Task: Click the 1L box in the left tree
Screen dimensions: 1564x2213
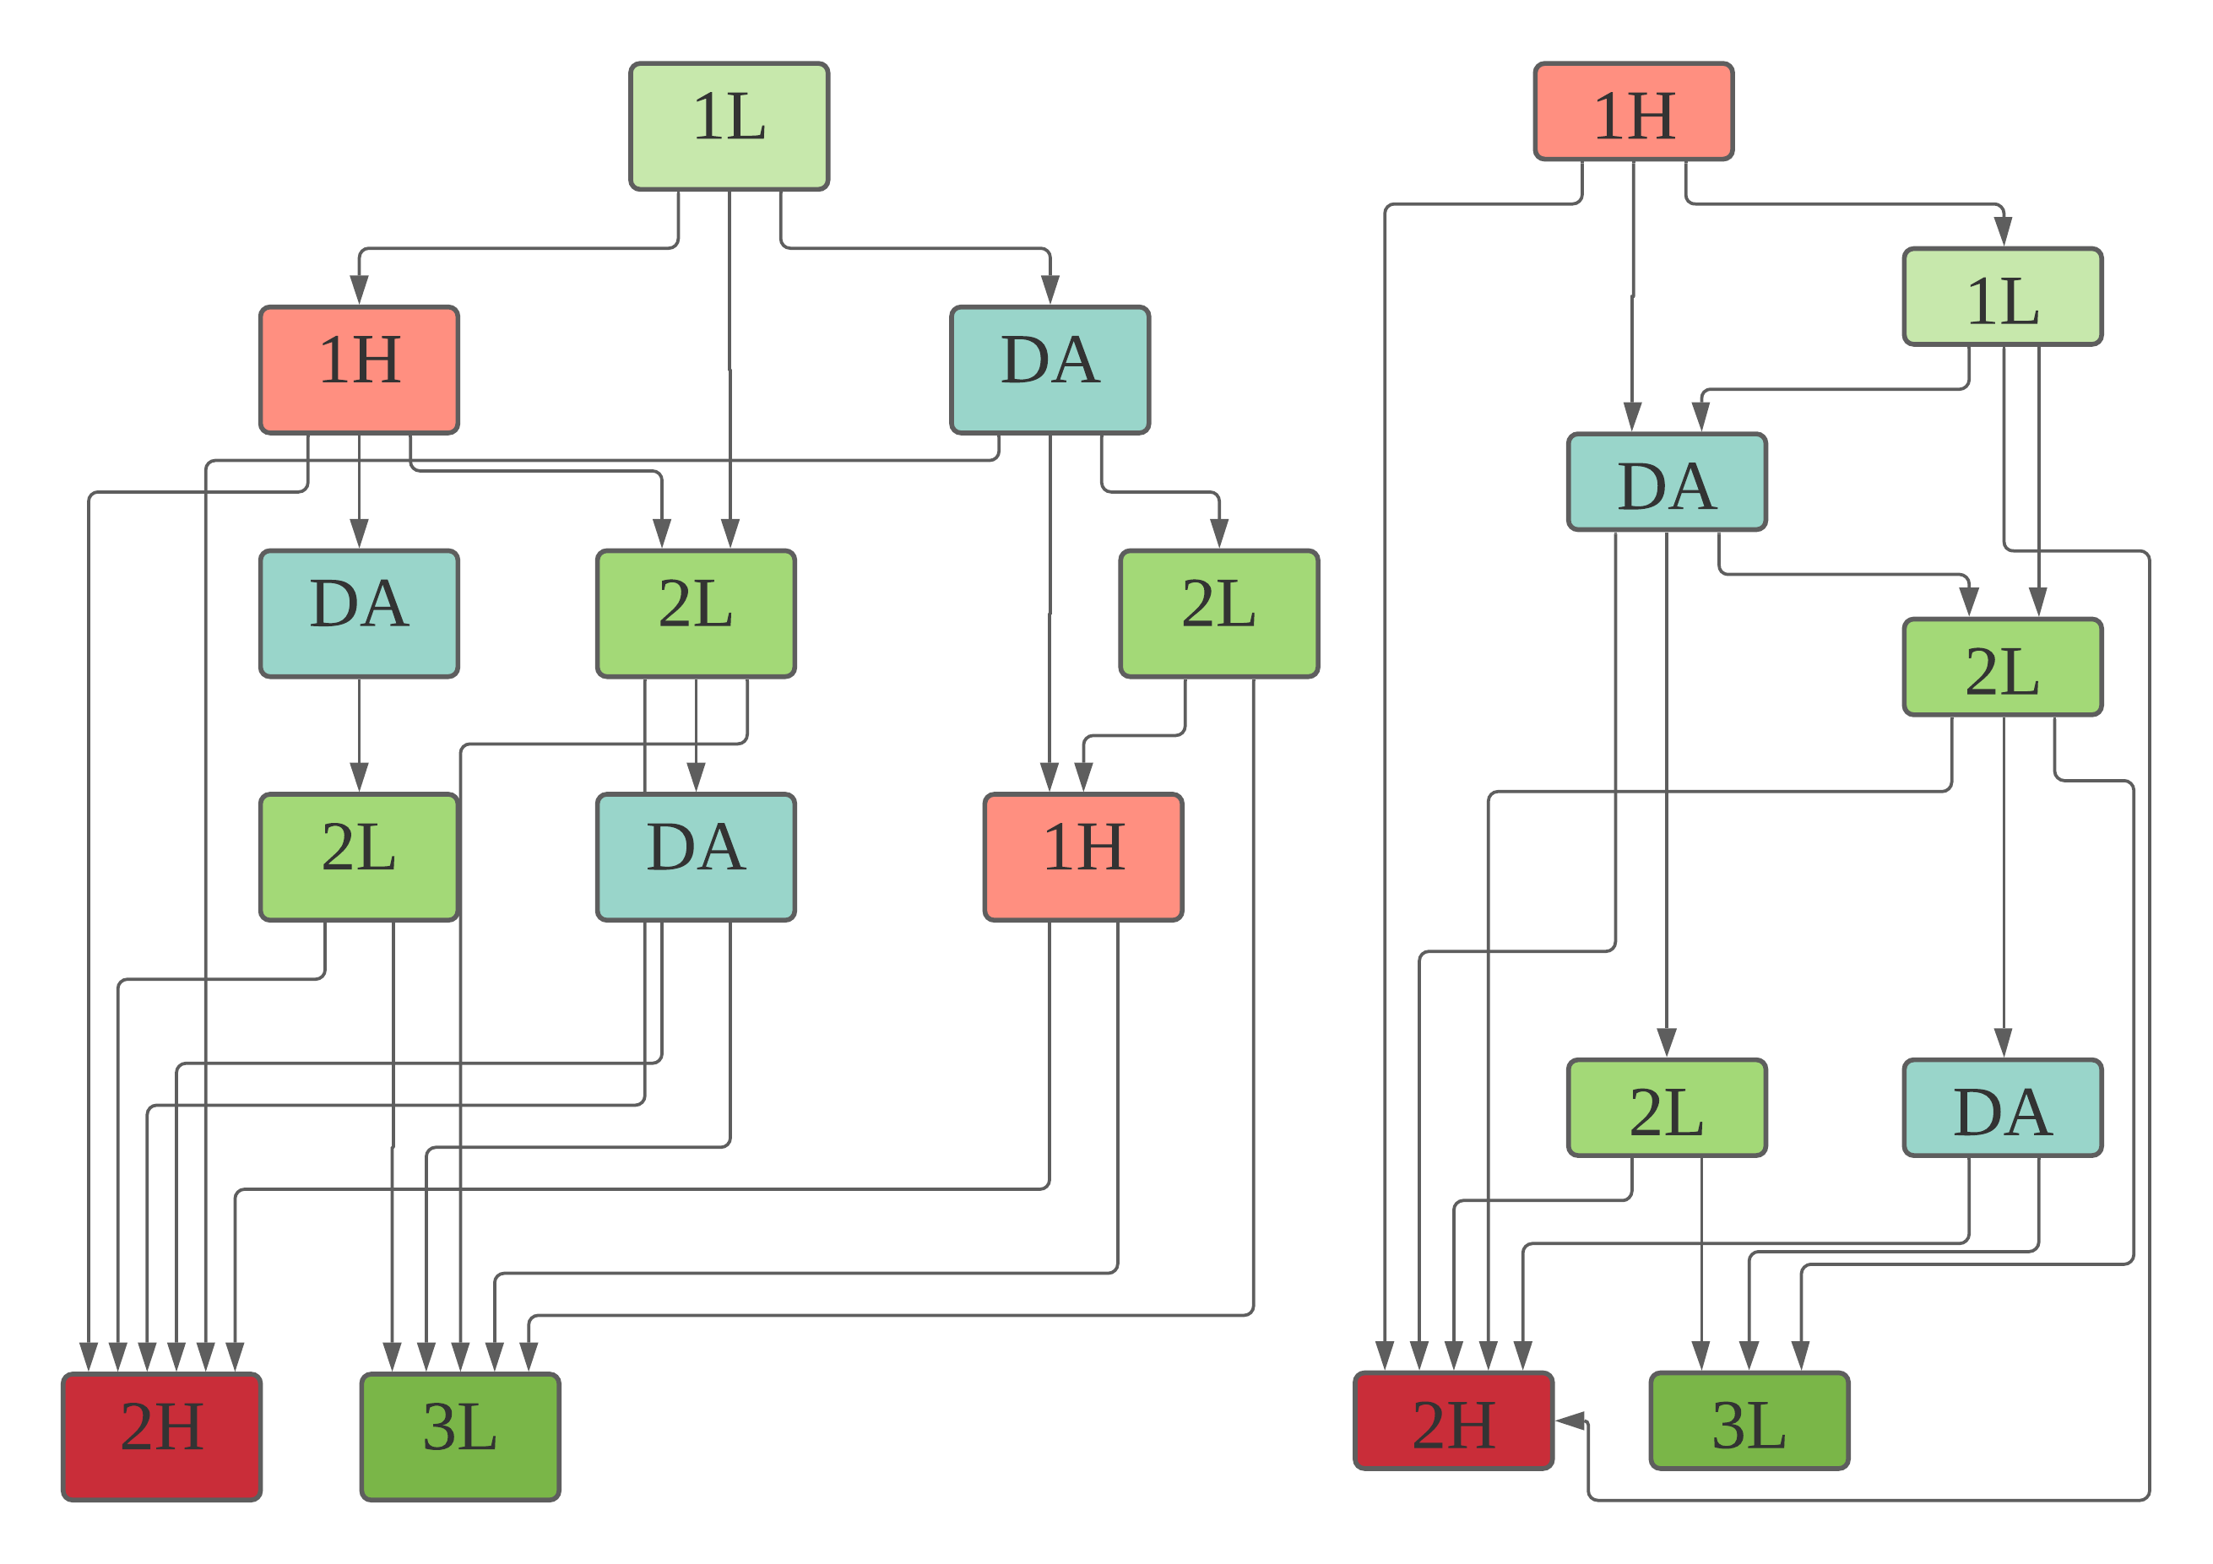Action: (x=729, y=127)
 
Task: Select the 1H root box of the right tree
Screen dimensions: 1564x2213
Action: (x=1633, y=111)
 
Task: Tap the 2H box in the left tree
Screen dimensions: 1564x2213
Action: (x=162, y=1436)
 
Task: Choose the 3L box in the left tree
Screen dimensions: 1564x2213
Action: (x=460, y=1436)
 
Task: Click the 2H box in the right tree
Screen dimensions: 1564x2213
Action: (x=1453, y=1421)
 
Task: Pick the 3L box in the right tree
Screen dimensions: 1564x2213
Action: (x=1749, y=1421)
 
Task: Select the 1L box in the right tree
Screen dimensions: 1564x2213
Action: (x=2002, y=297)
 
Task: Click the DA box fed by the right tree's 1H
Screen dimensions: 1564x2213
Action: (x=1667, y=482)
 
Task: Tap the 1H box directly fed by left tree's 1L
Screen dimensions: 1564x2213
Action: (x=359, y=370)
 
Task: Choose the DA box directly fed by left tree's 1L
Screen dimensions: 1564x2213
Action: (x=1050, y=370)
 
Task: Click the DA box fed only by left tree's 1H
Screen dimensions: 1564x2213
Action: (x=359, y=614)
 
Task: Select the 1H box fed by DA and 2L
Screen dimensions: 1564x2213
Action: (x=1083, y=858)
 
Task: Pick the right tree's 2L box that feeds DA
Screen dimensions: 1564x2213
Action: (x=2002, y=667)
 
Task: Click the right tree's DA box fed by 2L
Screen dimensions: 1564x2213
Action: (x=2002, y=1107)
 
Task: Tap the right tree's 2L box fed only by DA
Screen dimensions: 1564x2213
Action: (x=1667, y=1107)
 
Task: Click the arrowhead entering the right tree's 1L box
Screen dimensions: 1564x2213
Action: (x=2003, y=232)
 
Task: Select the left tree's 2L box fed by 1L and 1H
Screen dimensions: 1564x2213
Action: (x=696, y=614)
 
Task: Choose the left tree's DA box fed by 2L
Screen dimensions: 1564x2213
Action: (x=696, y=858)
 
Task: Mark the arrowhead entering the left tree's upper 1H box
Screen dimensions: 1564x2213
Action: (x=360, y=290)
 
